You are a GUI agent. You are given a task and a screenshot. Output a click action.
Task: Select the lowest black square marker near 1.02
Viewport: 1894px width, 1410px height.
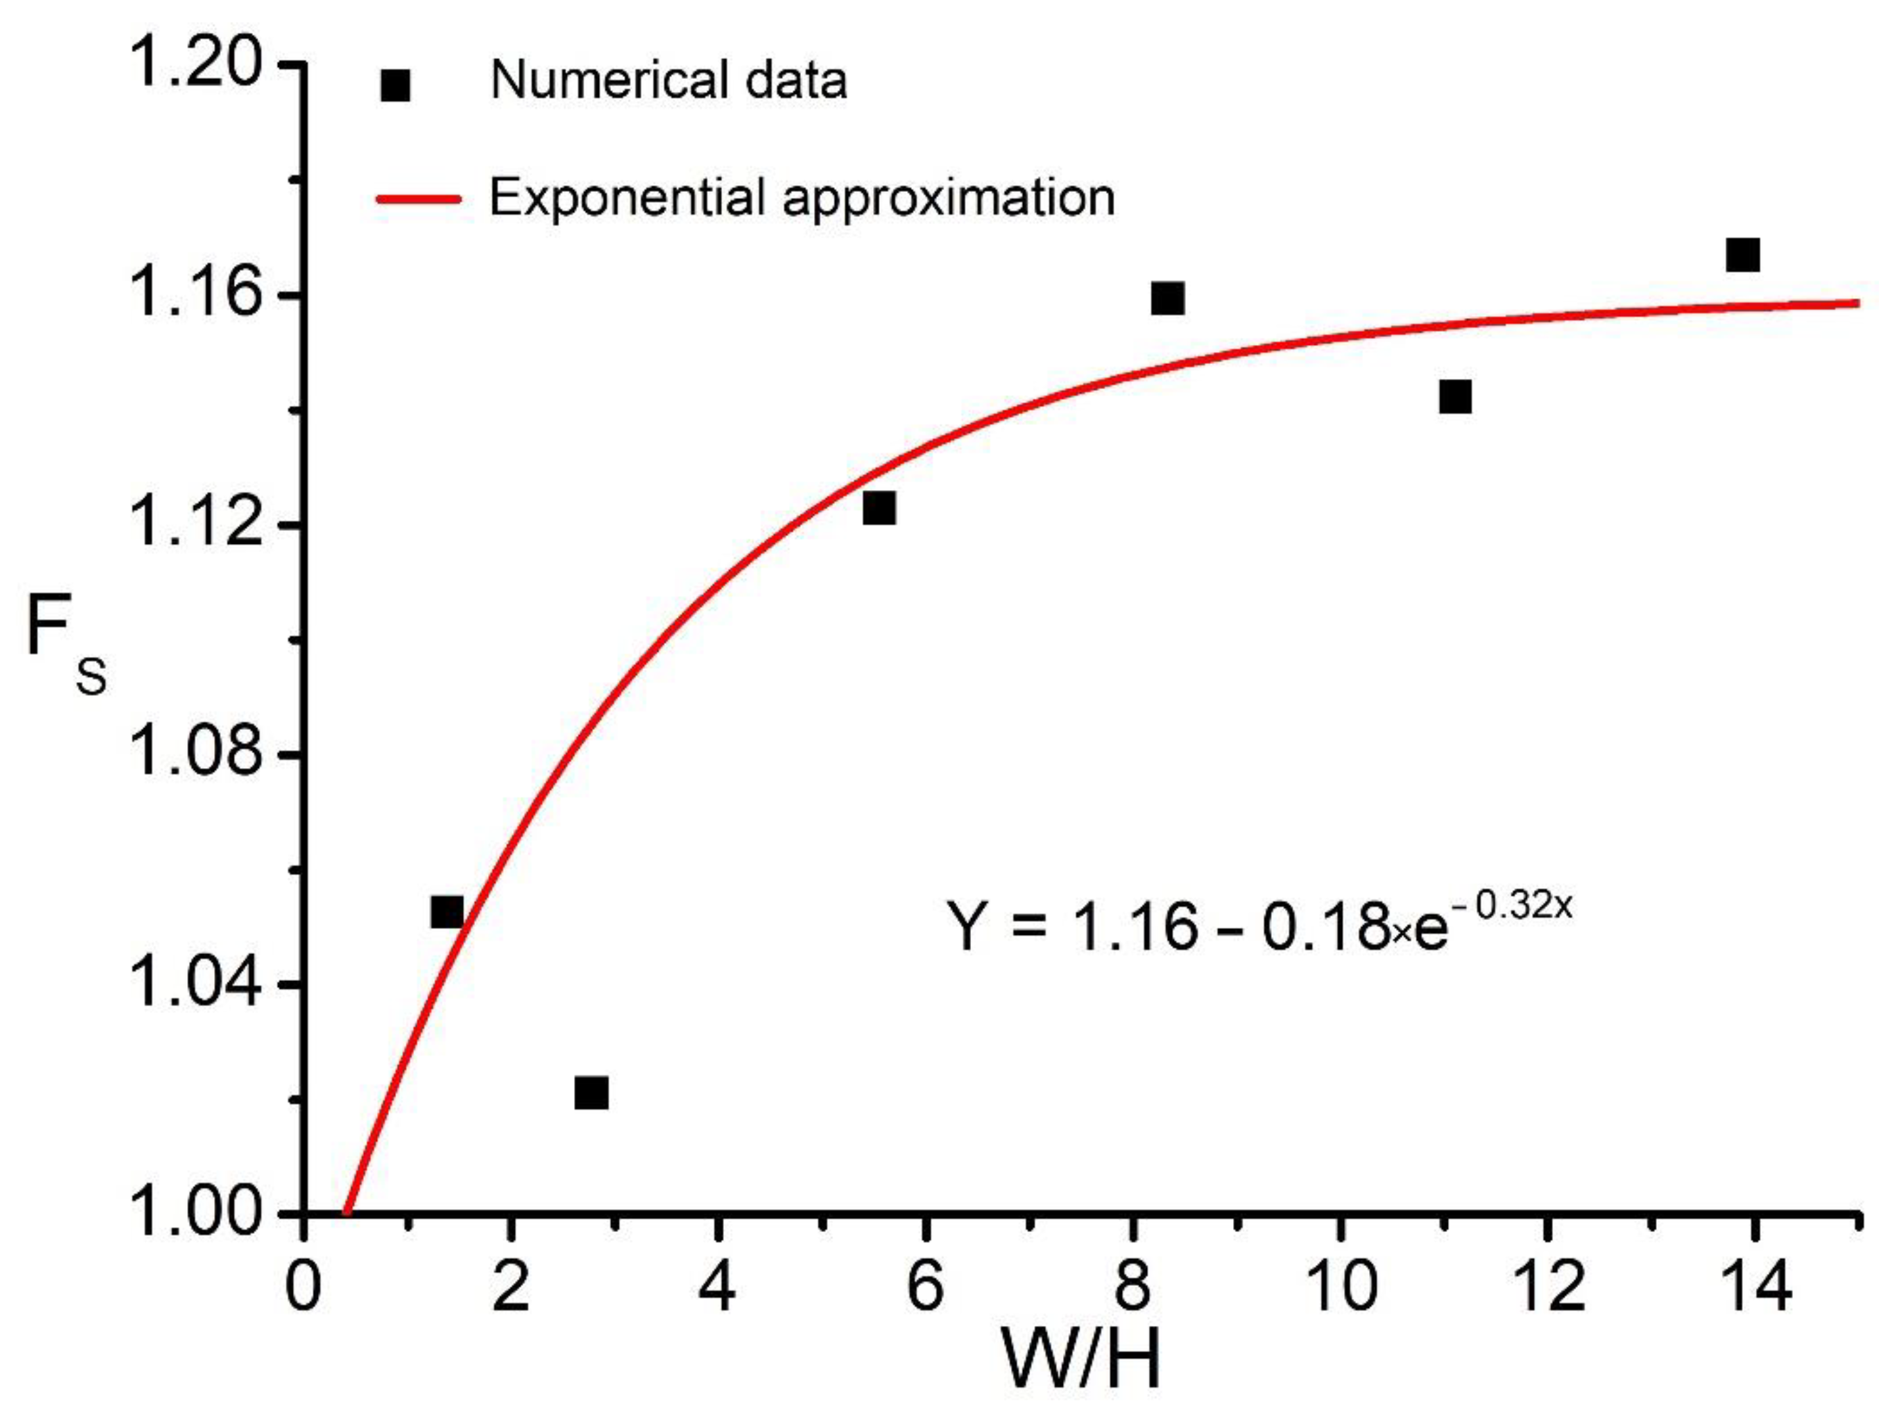click(x=591, y=1093)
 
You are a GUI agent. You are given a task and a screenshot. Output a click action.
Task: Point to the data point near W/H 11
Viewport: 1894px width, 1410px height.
click(x=1454, y=396)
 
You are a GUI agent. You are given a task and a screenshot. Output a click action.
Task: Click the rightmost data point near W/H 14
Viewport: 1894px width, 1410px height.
click(x=1742, y=254)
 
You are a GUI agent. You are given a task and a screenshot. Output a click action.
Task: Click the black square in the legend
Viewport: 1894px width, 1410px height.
click(x=395, y=85)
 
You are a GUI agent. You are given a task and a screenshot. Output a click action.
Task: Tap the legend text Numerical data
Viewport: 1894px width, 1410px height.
click(x=668, y=81)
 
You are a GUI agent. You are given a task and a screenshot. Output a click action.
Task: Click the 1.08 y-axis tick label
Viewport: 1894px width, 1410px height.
click(x=196, y=754)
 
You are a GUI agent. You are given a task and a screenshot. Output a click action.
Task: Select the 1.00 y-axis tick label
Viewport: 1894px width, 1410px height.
click(x=196, y=1213)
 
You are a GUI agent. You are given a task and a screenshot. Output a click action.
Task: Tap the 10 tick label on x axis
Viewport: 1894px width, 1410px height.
click(x=1340, y=1287)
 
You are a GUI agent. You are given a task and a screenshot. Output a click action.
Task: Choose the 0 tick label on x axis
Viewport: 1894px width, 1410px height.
click(x=302, y=1287)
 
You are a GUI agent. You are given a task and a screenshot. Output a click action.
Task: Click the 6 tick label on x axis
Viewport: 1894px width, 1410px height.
click(x=925, y=1287)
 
